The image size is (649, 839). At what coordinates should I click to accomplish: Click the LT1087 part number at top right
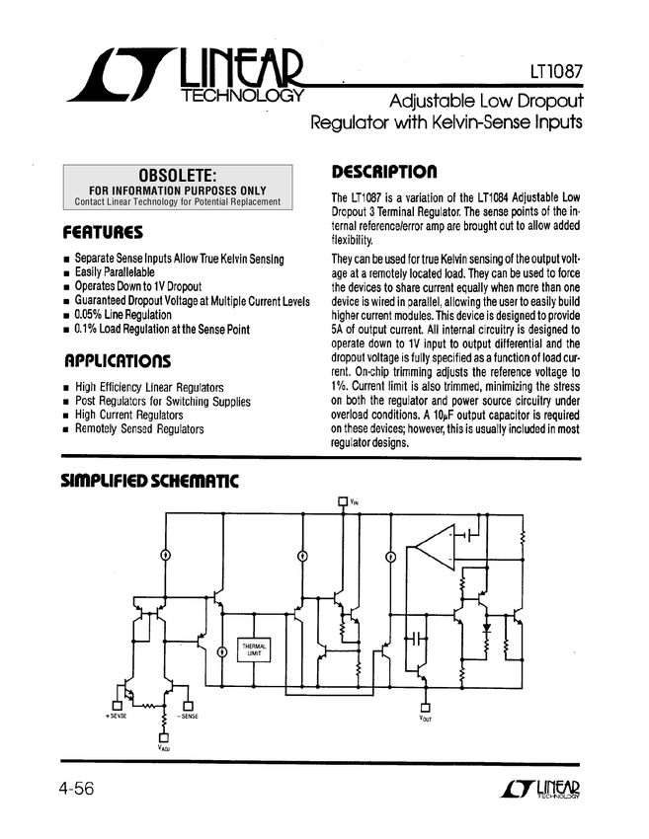[553, 72]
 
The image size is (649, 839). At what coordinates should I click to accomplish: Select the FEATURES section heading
[103, 233]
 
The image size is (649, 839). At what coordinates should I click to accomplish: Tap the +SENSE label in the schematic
[116, 715]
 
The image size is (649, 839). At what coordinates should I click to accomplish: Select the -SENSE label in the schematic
[187, 715]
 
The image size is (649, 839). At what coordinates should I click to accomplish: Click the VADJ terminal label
[164, 748]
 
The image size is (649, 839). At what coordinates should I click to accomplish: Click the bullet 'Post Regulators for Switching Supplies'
[162, 402]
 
